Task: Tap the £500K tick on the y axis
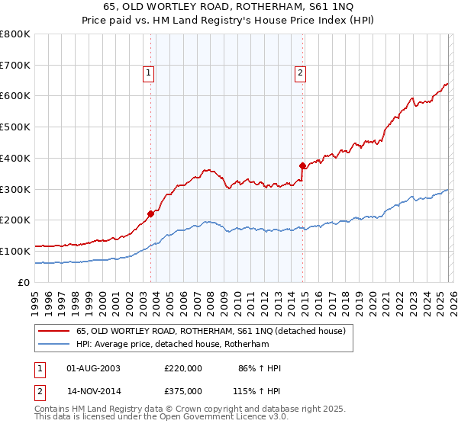(x=15, y=127)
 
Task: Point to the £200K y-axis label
(x=15, y=220)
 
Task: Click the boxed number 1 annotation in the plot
(x=148, y=73)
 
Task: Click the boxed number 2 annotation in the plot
(x=301, y=73)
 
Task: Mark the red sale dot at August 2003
(x=150, y=213)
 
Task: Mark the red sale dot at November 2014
(x=302, y=165)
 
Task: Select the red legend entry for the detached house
(x=211, y=331)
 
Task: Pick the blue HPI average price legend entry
(x=173, y=345)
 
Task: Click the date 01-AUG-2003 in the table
(x=94, y=368)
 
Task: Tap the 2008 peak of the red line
(x=205, y=170)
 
